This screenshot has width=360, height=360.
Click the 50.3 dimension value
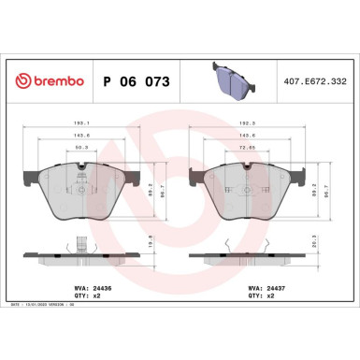click(x=82, y=147)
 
